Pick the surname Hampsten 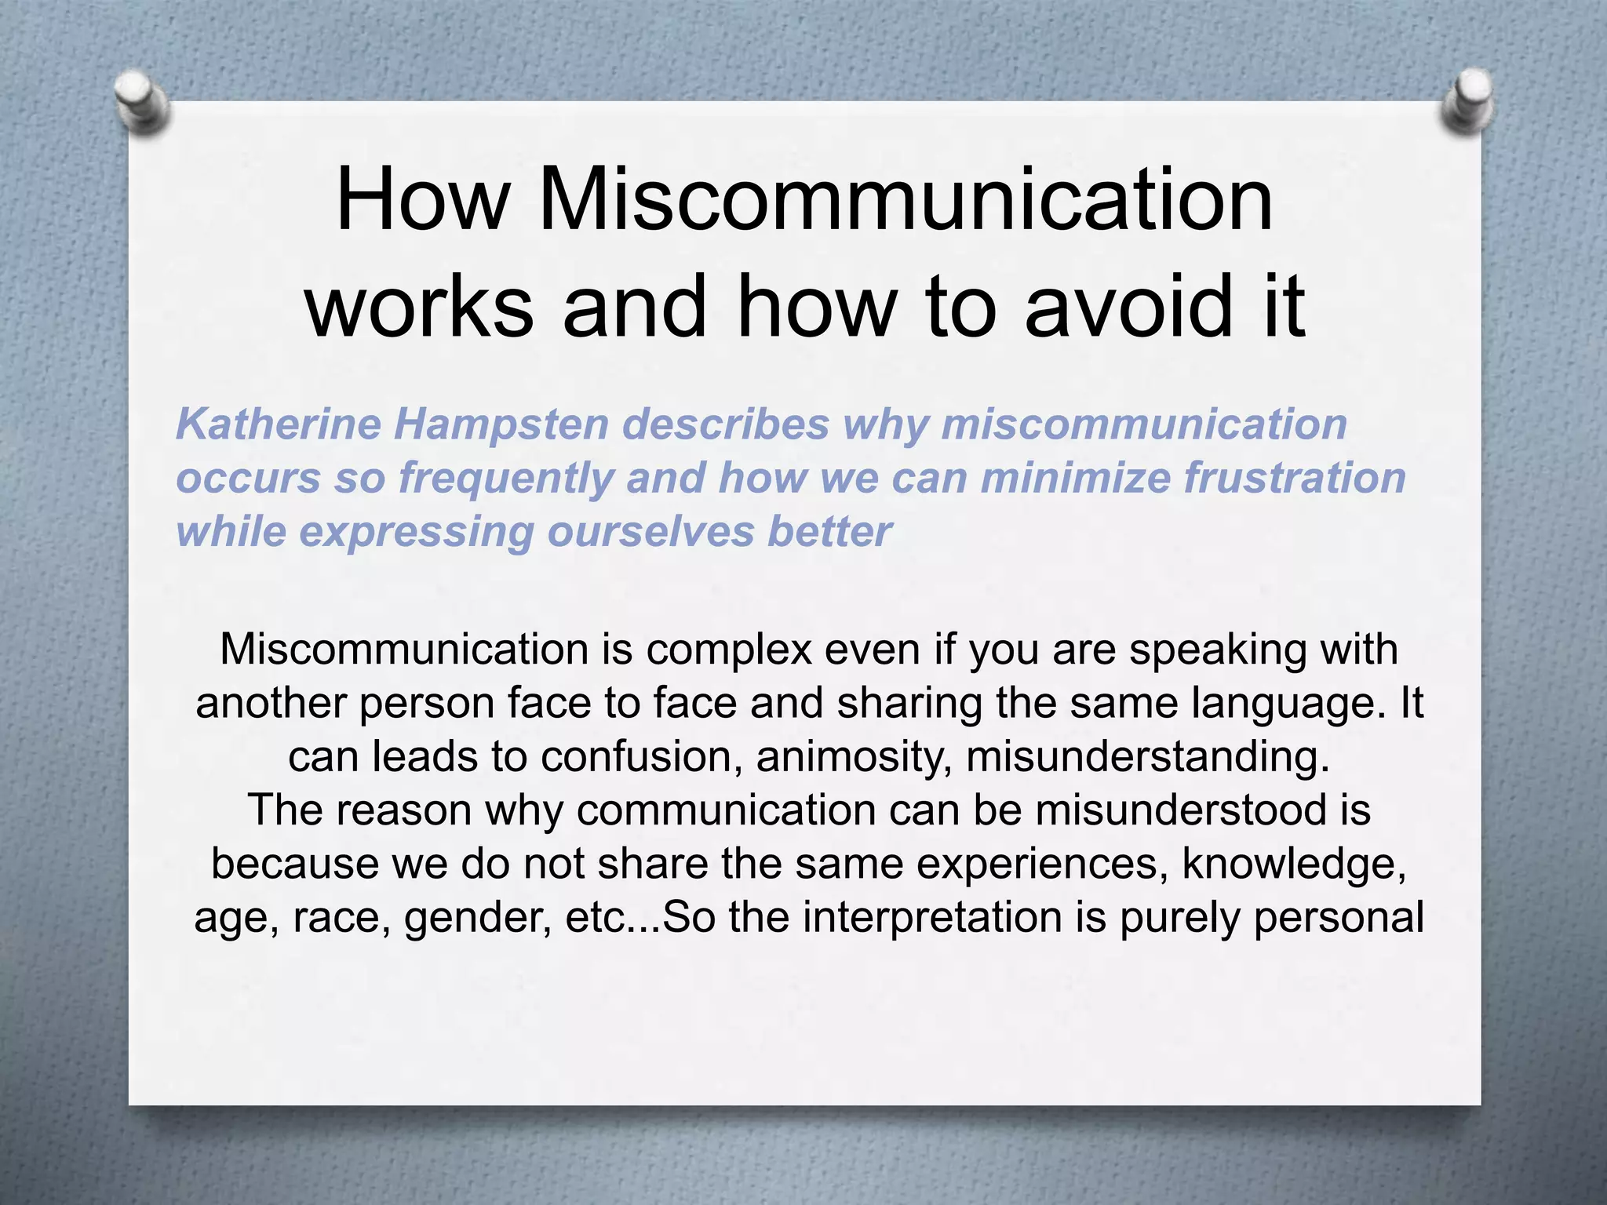(x=501, y=424)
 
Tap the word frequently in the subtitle (x=506, y=479)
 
